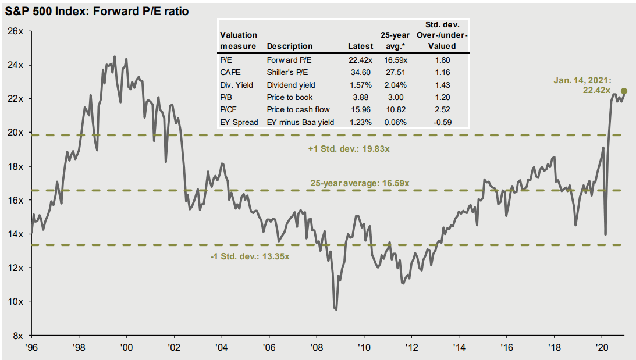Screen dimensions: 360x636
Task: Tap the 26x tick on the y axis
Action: [15, 31]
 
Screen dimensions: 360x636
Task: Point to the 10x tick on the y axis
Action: [15, 301]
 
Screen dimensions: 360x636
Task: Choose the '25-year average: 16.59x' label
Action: [360, 183]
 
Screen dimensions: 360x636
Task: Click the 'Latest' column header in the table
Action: [360, 46]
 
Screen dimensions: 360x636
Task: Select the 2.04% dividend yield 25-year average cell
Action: [394, 84]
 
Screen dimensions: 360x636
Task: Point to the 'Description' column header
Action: [289, 46]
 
